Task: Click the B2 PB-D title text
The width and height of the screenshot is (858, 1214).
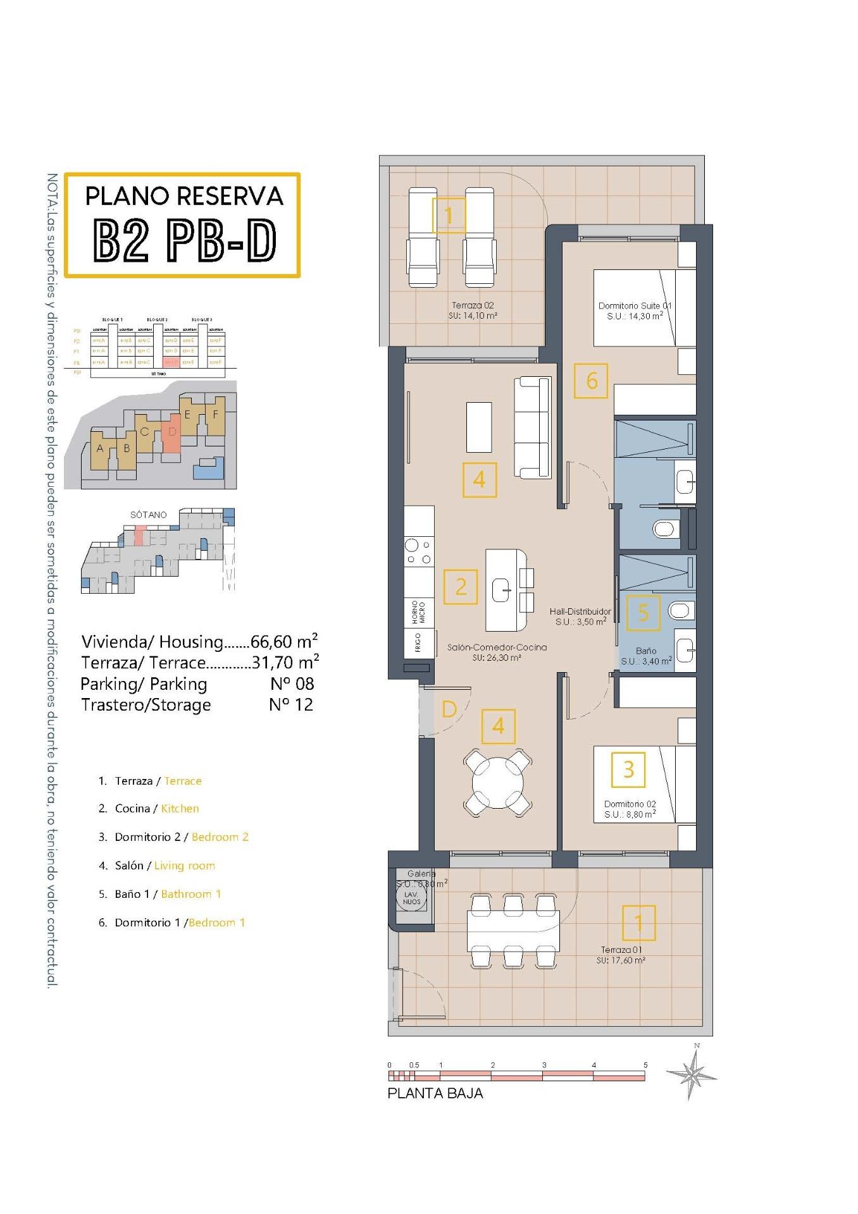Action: [x=184, y=240]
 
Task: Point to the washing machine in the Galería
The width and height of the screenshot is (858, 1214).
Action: [x=411, y=897]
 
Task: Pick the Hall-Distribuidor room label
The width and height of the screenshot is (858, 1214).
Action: [x=580, y=616]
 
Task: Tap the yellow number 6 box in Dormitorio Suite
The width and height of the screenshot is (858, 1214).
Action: [x=591, y=381]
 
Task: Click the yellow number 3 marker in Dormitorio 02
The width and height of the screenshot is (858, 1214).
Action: [x=628, y=769]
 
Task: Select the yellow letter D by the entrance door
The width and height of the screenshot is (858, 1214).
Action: [x=449, y=709]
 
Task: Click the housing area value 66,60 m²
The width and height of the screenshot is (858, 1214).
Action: [x=283, y=642]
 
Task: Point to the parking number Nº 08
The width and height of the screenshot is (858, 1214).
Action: [x=292, y=684]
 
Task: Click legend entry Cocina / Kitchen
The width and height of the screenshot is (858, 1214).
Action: [x=156, y=809]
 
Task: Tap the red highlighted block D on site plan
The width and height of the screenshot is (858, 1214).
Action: [x=171, y=433]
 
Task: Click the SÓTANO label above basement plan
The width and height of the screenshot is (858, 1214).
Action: [x=149, y=515]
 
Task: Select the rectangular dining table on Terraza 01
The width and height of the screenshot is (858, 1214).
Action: [x=513, y=931]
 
